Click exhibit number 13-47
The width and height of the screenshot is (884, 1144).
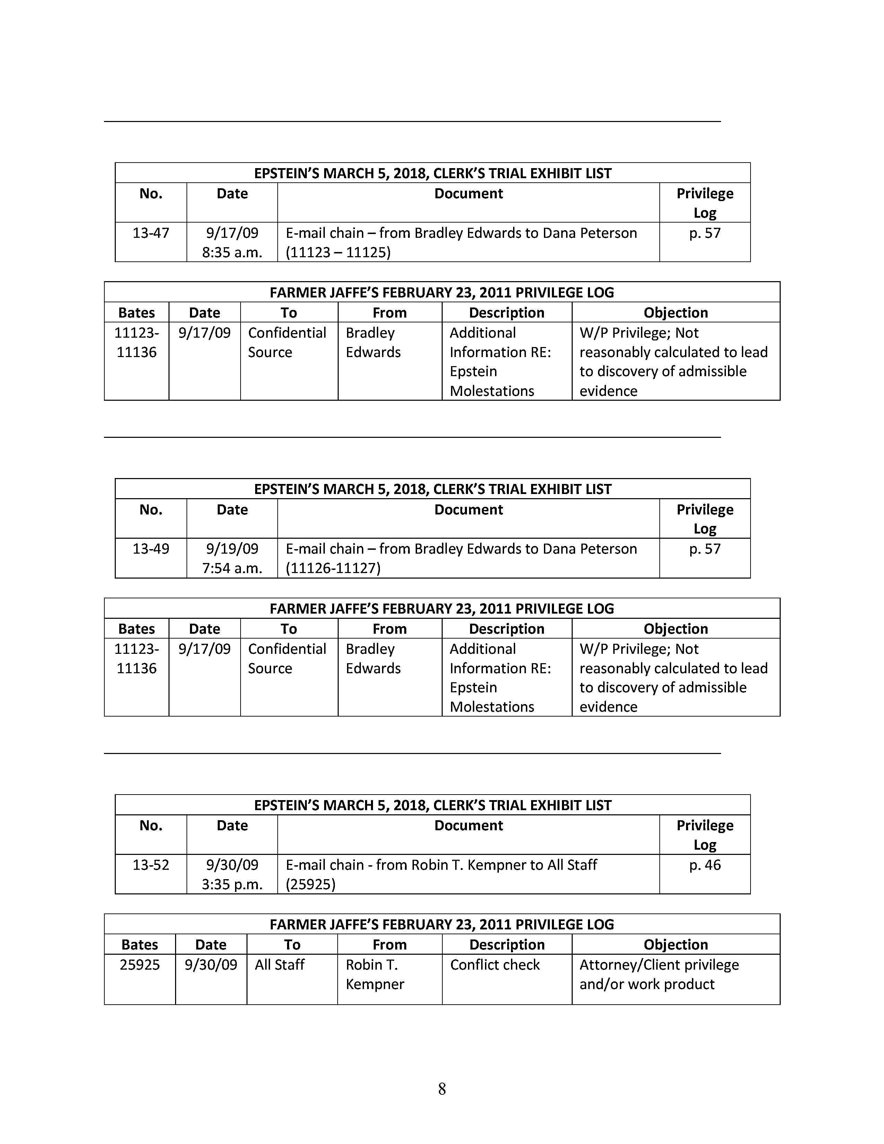(x=151, y=233)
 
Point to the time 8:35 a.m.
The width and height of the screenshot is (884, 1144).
(x=232, y=252)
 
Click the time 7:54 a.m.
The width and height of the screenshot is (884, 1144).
(x=232, y=568)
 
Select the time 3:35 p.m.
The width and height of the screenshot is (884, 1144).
(x=232, y=884)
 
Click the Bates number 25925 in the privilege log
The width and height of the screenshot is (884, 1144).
(x=140, y=964)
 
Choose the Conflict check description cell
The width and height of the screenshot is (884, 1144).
(x=495, y=964)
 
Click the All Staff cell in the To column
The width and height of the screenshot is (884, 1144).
(x=280, y=964)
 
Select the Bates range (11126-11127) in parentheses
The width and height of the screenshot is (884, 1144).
(x=333, y=568)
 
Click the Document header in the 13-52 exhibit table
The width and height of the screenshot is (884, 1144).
(x=468, y=825)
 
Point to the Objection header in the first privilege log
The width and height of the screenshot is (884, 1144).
(x=676, y=312)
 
